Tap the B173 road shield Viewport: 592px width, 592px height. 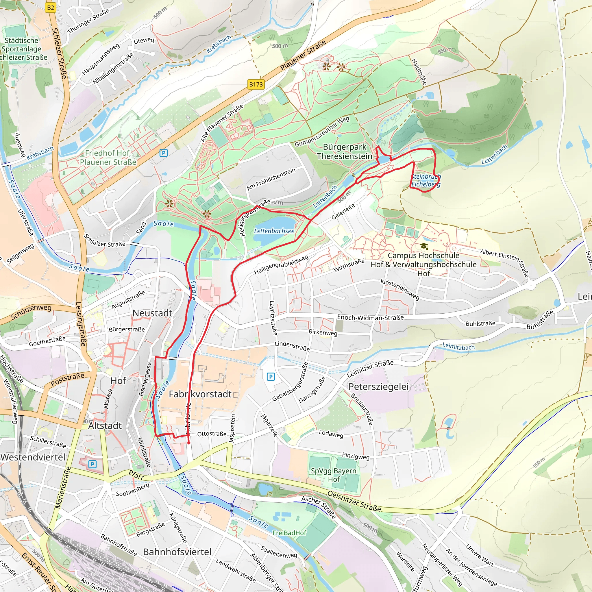tap(256, 84)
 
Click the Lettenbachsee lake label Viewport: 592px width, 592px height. tap(274, 231)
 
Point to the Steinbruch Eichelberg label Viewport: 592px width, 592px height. tap(425, 180)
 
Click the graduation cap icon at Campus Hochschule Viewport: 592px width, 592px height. tap(424, 246)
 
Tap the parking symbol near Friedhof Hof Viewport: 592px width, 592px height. tap(164, 153)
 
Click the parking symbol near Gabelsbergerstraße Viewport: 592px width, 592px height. tap(271, 376)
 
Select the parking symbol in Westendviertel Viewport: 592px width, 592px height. tap(92, 465)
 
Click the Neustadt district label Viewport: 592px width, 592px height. tap(152, 313)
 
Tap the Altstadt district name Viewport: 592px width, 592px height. tap(105, 425)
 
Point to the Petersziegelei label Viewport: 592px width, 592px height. tap(378, 387)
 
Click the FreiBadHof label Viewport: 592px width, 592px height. tap(289, 533)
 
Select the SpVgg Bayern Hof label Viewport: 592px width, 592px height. tap(333, 475)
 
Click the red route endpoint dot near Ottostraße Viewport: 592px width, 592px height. tap(189, 443)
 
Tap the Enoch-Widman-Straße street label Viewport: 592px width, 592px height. tap(370, 317)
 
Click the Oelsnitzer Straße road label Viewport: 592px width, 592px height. tap(354, 501)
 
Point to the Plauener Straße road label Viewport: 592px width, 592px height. tap(303, 55)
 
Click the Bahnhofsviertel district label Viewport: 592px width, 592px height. tap(177, 552)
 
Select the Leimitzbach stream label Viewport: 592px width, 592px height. tap(458, 347)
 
